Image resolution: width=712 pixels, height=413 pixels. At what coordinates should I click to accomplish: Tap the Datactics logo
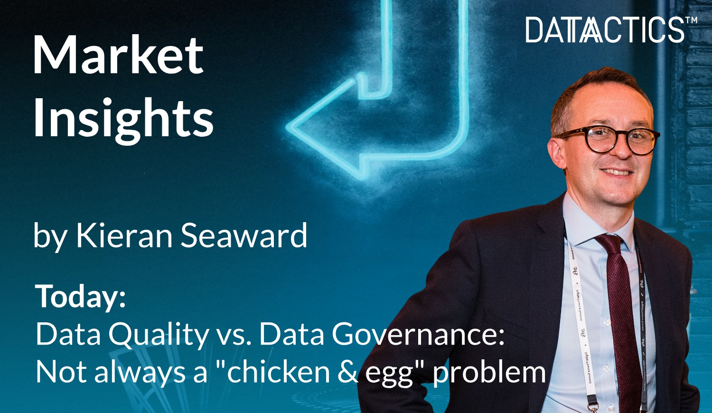pos(605,30)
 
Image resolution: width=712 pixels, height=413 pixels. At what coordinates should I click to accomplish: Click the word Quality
pos(158,335)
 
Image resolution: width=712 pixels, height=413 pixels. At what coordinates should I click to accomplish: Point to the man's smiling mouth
pos(617,172)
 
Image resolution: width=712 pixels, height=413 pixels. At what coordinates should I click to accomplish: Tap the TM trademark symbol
pos(691,20)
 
